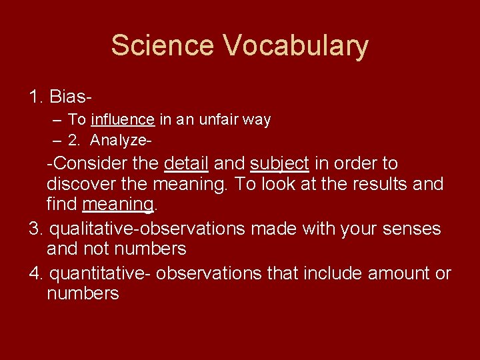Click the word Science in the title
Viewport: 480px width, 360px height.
pos(162,45)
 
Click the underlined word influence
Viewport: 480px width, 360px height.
pos(123,120)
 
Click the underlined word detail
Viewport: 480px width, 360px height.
pos(186,163)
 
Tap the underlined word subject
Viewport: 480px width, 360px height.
pos(279,164)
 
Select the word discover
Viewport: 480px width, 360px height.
pos(77,183)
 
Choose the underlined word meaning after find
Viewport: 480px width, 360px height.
pos(118,204)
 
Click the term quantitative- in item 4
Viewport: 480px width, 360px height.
pos(109,274)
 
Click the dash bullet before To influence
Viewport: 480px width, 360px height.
pos(57,120)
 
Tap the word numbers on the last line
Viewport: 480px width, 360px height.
pos(83,293)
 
